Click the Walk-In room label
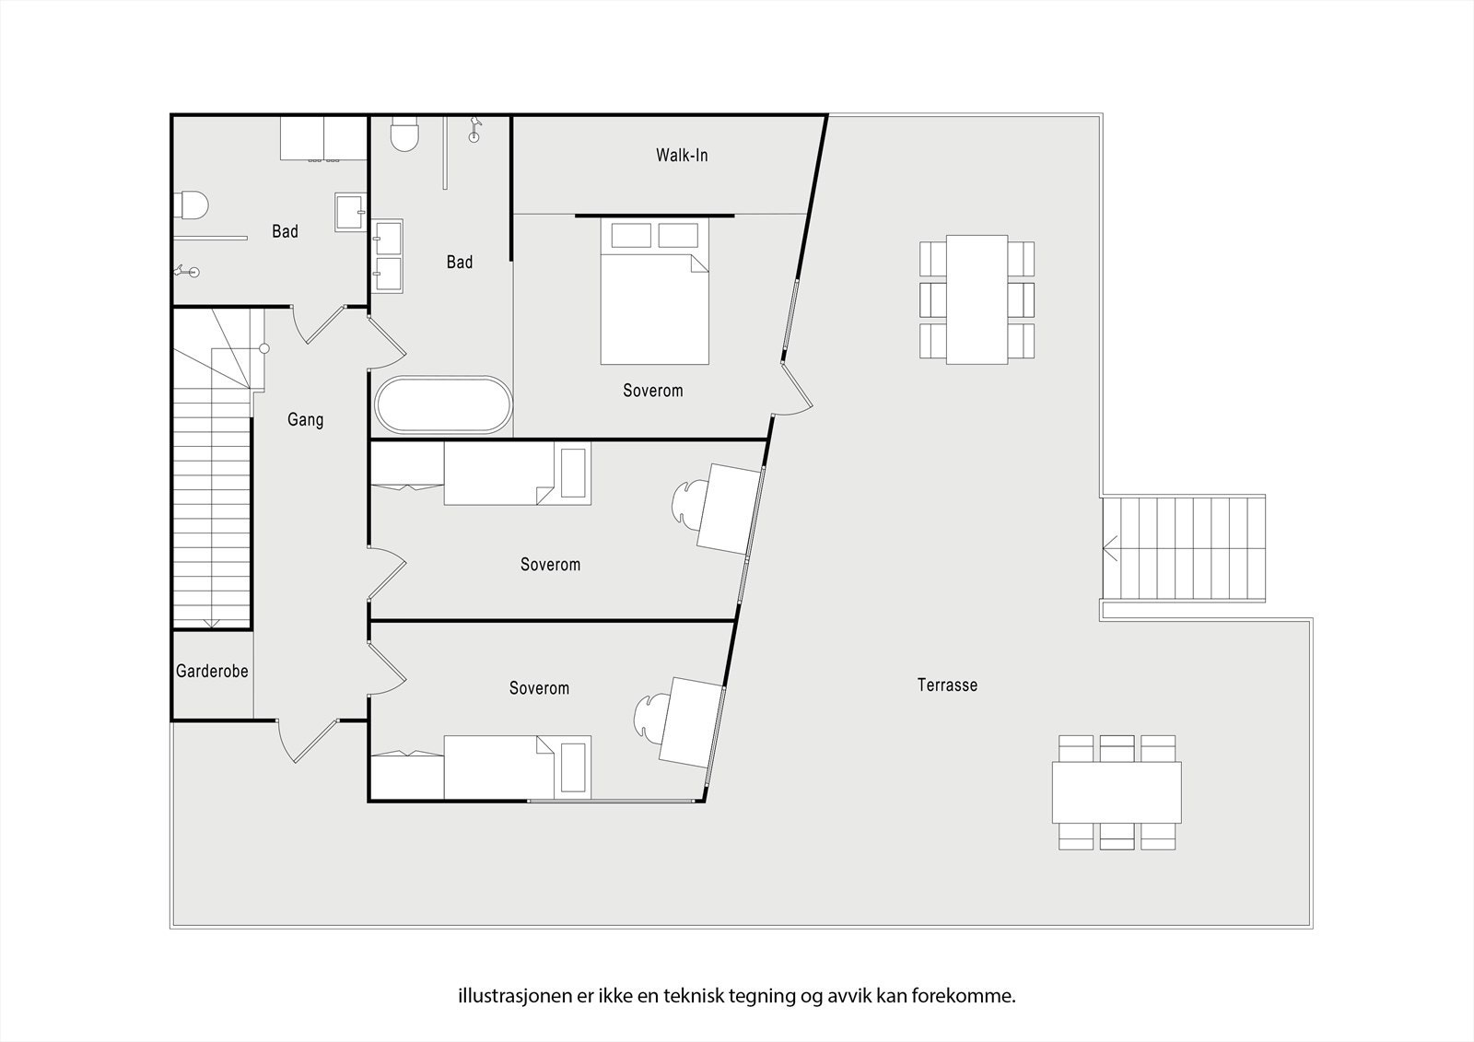tap(682, 155)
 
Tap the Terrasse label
tap(947, 685)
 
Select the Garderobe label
tap(212, 672)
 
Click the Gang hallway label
tap(305, 420)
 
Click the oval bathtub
tap(442, 405)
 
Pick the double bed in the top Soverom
tap(655, 295)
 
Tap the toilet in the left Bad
tap(192, 205)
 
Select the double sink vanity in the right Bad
tap(387, 256)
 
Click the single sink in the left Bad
tap(350, 212)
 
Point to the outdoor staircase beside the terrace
tap(1185, 548)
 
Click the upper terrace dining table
tap(977, 299)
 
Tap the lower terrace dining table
tap(1117, 792)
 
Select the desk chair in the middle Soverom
tap(687, 507)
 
